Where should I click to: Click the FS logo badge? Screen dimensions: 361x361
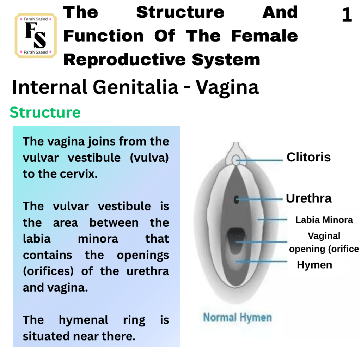pos(36,36)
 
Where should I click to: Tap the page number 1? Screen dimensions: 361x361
pos(347,15)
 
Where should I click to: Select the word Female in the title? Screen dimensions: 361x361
pos(264,36)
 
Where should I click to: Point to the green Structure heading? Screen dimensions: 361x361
pos(45,112)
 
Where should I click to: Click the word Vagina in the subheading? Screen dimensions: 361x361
pos(227,88)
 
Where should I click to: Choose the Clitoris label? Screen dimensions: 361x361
pos(308,157)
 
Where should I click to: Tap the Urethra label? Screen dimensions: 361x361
pos(308,198)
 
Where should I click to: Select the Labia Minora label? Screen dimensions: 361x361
pos(324,220)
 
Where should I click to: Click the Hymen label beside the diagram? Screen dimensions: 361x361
pos(314,265)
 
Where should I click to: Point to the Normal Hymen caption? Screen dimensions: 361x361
pos(237,318)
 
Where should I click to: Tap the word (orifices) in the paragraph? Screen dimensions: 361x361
pos(48,271)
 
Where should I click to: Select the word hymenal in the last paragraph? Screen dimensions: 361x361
pos(83,320)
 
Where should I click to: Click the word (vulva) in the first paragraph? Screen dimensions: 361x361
pos(149,158)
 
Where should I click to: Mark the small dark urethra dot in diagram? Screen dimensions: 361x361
pos(236,200)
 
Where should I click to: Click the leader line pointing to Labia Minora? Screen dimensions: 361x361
pos(272,220)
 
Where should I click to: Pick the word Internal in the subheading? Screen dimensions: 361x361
pos(50,87)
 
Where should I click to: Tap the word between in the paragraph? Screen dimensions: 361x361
pos(114,223)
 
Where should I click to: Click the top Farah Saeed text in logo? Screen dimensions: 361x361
pos(36,19)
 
